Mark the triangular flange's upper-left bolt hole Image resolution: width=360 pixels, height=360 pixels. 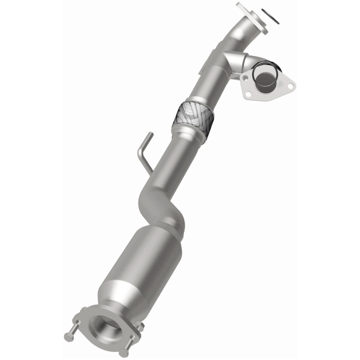pyautogui.click(x=246, y=77)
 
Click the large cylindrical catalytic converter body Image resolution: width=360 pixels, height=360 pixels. pyautogui.click(x=144, y=261)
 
